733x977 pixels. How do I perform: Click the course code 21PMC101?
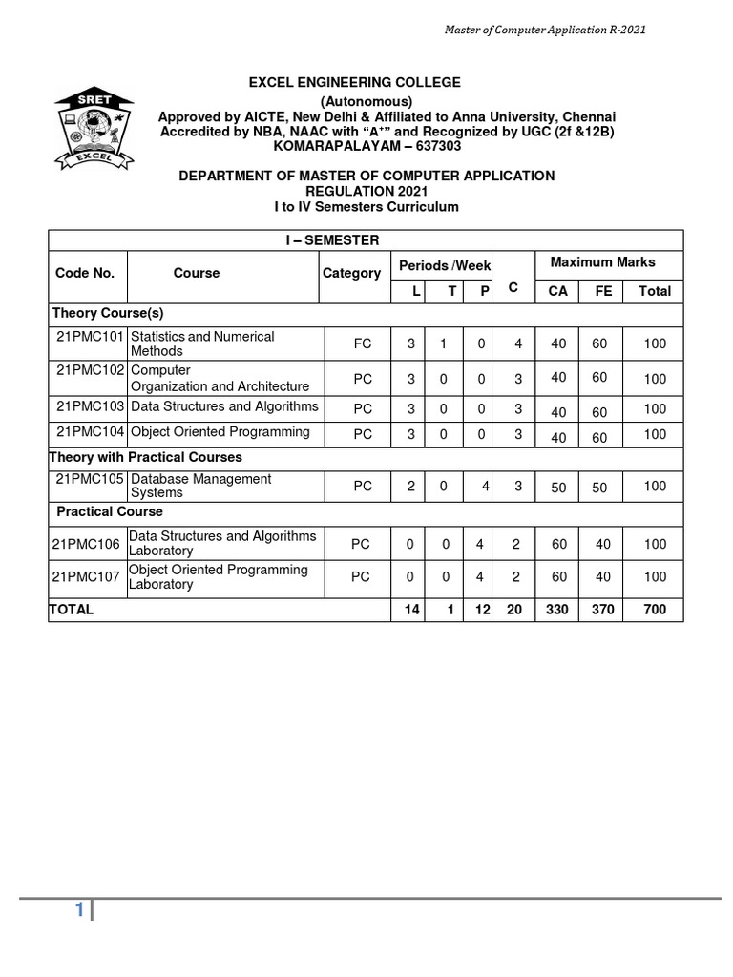(x=90, y=337)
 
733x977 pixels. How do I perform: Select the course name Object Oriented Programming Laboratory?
(x=218, y=576)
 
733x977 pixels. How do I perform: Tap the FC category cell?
(x=363, y=343)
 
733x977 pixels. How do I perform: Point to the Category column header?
(x=351, y=273)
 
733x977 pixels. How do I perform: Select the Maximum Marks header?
(x=603, y=261)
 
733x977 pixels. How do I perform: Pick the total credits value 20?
(x=514, y=609)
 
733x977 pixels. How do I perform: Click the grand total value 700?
(x=655, y=609)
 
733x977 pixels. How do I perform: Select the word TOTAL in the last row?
(x=72, y=609)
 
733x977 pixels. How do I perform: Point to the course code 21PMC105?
(x=90, y=479)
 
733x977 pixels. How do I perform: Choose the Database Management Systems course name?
(x=200, y=486)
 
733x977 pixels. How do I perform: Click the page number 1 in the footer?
(x=80, y=910)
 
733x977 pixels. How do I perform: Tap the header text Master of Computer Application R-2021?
(x=546, y=30)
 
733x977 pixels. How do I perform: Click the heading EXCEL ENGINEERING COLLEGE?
(x=354, y=83)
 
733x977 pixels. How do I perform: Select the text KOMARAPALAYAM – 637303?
(x=354, y=146)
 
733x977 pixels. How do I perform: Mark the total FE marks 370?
(x=604, y=609)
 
